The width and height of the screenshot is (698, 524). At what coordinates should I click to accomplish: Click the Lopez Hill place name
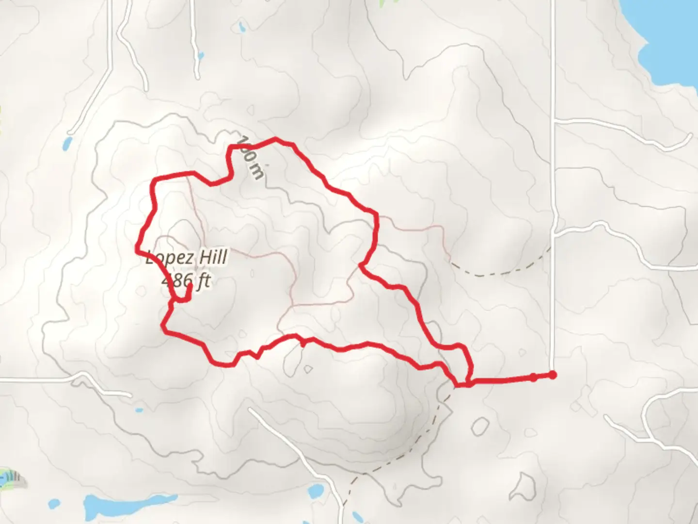187,258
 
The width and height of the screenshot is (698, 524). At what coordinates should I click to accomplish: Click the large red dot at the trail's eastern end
552,375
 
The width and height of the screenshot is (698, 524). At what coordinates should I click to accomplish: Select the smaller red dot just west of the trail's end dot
533,377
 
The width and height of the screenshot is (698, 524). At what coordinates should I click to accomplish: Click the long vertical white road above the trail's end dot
553,194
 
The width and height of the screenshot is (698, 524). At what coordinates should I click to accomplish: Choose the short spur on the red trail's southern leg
303,343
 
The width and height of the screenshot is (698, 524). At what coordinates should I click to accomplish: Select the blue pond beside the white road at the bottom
356,515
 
